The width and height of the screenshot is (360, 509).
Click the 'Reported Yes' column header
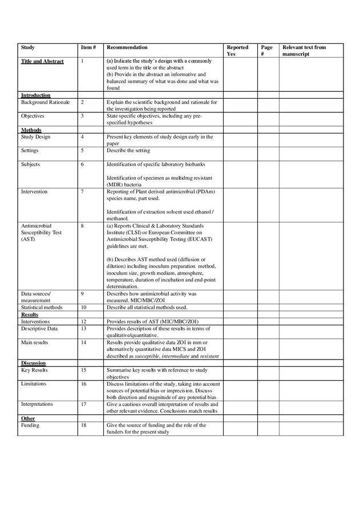tap(237, 51)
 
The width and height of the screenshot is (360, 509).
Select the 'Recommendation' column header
tap(127, 47)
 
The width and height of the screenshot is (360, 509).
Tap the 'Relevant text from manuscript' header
tap(304, 51)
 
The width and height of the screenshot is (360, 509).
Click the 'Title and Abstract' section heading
tap(42, 61)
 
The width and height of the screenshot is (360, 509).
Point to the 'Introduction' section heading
tap(35, 95)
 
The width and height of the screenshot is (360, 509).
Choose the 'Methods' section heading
tap(31, 130)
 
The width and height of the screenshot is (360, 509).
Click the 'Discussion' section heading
tap(33, 363)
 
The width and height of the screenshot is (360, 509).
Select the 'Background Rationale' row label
tap(45, 102)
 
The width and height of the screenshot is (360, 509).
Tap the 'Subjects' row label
tap(31, 164)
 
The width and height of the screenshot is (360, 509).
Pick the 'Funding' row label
tap(31, 426)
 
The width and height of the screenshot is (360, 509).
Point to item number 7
tap(82, 192)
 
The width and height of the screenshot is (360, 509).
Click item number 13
tap(83, 328)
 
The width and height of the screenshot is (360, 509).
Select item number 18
tap(83, 426)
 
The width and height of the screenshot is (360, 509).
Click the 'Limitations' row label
tap(35, 384)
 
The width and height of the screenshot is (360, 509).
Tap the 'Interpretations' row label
tap(37, 404)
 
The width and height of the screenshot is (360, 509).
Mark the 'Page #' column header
tap(266, 51)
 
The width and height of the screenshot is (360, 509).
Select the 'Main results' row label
tap(35, 342)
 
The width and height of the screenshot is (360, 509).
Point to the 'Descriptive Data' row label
tap(41, 328)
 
